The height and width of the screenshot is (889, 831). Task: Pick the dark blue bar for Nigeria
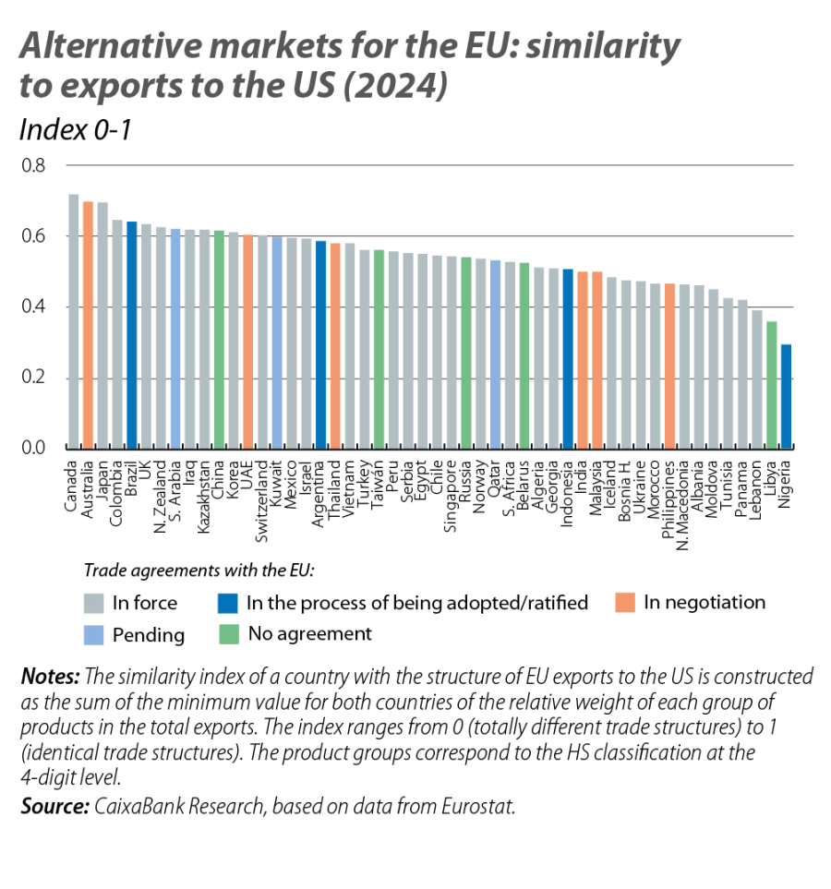(x=786, y=396)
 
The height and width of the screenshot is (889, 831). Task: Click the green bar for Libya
(x=771, y=384)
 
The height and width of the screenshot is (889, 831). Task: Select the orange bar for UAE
(x=248, y=341)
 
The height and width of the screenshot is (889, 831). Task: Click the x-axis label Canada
(x=72, y=484)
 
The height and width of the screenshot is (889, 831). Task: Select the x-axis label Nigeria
(x=785, y=480)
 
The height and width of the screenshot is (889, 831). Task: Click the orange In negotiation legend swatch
(x=625, y=604)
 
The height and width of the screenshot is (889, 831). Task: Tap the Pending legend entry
(x=148, y=635)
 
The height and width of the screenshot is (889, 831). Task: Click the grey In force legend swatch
(x=93, y=604)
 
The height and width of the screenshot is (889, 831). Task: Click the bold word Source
(x=53, y=806)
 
